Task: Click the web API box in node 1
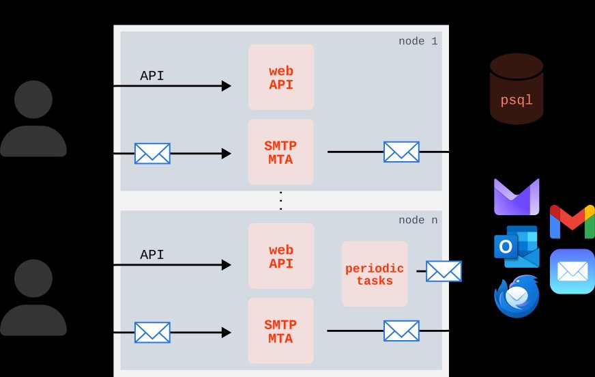pos(281,77)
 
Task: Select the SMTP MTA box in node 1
pos(281,152)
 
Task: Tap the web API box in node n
pos(281,256)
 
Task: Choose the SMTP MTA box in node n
pos(281,331)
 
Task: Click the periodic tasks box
pos(375,273)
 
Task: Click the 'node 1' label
pos(418,41)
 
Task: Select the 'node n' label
pos(418,220)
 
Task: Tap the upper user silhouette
pos(33,119)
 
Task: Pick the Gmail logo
pos(572,221)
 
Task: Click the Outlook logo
pos(517,247)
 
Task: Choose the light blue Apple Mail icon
pos(572,271)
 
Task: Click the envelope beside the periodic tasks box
pos(444,271)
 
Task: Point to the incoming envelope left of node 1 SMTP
pos(152,153)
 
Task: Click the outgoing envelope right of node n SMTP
pos(401,331)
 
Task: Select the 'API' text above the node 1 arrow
pos(151,76)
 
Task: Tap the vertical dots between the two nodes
pos(280,201)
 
